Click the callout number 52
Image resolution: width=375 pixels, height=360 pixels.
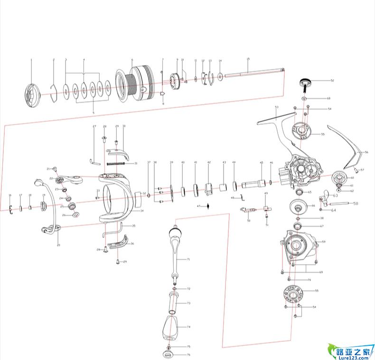click(x=332, y=81)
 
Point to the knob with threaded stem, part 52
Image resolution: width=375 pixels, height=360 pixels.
click(x=304, y=85)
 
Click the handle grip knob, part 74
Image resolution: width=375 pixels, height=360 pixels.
click(x=171, y=327)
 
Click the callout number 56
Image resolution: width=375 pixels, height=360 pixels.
click(x=366, y=152)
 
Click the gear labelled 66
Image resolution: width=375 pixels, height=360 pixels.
click(x=298, y=206)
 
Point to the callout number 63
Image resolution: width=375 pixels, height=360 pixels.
click(x=335, y=195)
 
